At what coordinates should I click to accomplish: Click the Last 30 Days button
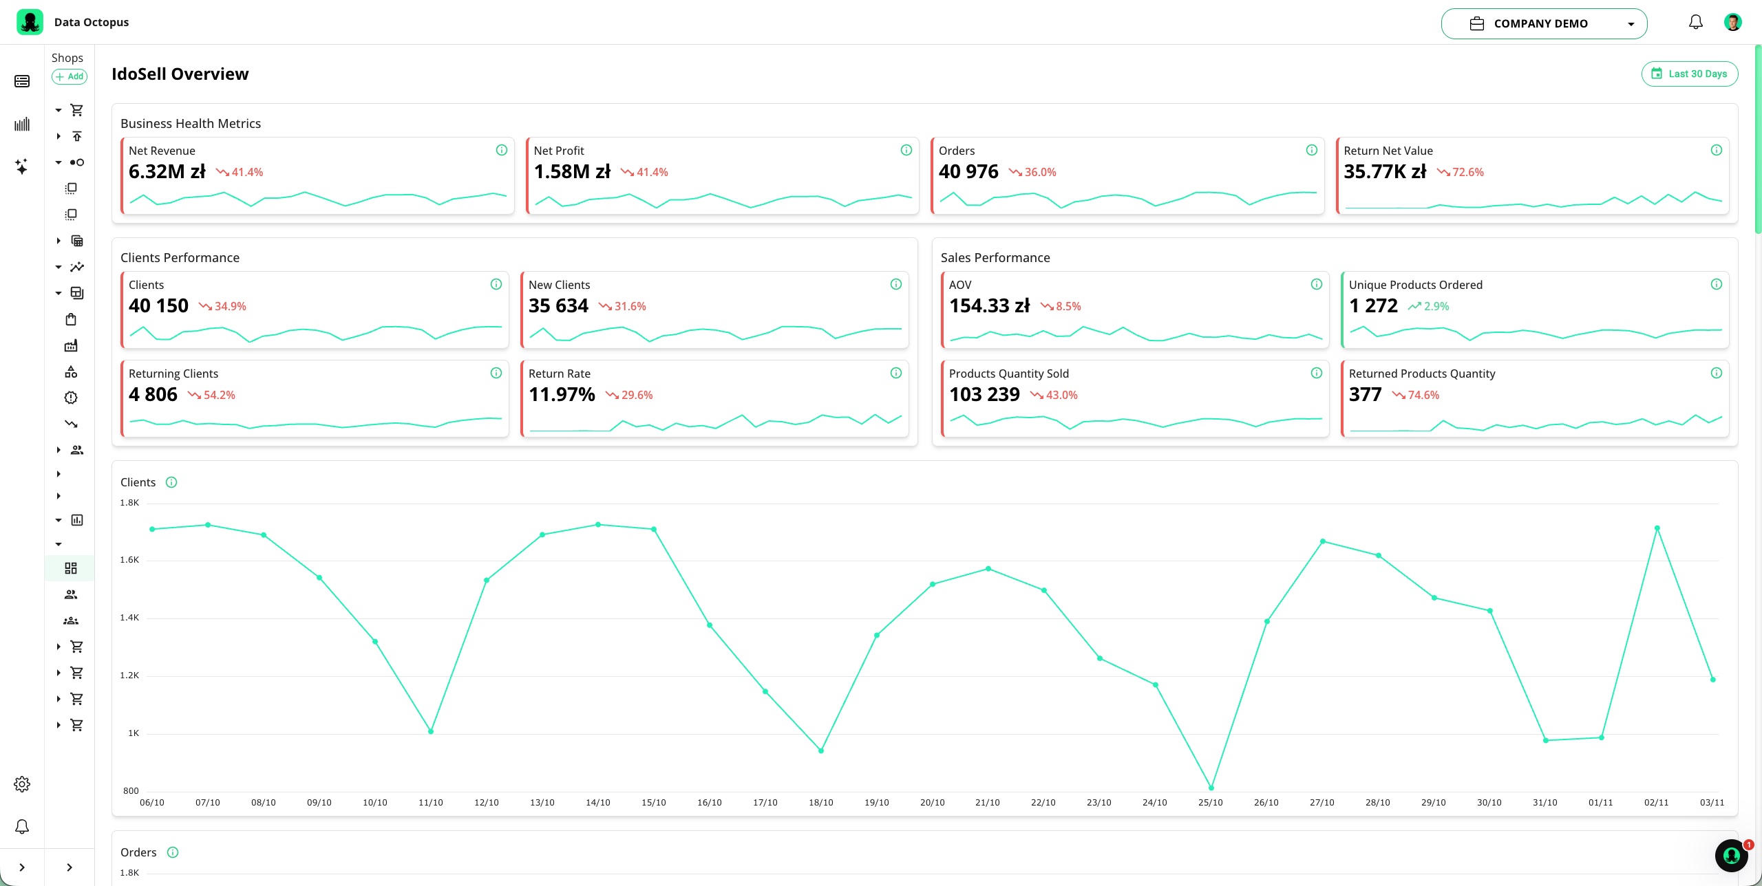pyautogui.click(x=1690, y=74)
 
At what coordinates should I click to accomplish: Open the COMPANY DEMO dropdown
pyautogui.click(x=1544, y=23)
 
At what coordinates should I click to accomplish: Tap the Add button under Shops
pyautogui.click(x=70, y=76)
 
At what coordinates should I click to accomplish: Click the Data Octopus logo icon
pyautogui.click(x=30, y=22)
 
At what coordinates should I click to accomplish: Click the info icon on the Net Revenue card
pyautogui.click(x=502, y=150)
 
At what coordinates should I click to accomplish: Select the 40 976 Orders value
pyautogui.click(x=968, y=171)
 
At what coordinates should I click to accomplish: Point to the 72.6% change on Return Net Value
pyautogui.click(x=1461, y=172)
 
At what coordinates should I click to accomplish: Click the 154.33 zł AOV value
pyautogui.click(x=989, y=305)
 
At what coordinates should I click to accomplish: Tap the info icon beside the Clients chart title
pyautogui.click(x=171, y=482)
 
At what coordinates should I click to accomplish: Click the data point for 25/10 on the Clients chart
pyautogui.click(x=1211, y=788)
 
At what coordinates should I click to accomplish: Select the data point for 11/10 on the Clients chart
pyautogui.click(x=431, y=731)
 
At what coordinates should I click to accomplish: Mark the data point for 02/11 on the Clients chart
pyautogui.click(x=1657, y=528)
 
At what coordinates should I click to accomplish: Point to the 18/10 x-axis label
pyautogui.click(x=821, y=803)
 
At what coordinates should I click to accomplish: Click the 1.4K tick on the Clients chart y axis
pyautogui.click(x=129, y=618)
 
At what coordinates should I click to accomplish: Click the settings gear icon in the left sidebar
pyautogui.click(x=22, y=784)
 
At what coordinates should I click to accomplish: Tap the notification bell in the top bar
pyautogui.click(x=1696, y=23)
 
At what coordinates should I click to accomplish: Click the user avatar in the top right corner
pyautogui.click(x=1733, y=23)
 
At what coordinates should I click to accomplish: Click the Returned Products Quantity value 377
pyautogui.click(x=1366, y=394)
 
